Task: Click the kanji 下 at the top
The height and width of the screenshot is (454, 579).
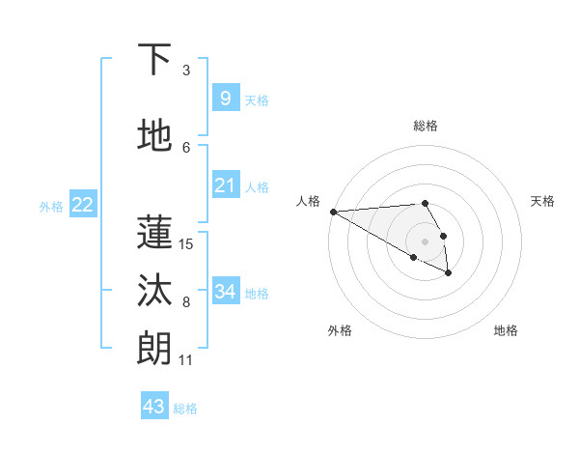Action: [154, 60]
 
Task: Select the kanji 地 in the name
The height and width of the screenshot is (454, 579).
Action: [154, 135]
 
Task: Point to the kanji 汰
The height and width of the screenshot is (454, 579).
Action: [154, 290]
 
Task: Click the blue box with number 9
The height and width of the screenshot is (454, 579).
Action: [225, 98]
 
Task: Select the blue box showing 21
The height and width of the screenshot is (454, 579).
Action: [225, 185]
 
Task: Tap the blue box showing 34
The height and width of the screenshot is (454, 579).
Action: [225, 292]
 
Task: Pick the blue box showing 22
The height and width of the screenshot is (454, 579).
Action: [82, 205]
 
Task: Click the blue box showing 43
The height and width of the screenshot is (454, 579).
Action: [154, 407]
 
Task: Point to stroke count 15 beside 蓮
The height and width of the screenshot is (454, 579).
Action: [186, 243]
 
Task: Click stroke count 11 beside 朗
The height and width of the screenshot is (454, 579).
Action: [186, 360]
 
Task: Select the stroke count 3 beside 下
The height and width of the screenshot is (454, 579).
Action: [186, 70]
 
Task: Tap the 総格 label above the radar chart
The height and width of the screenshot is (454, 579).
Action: [426, 126]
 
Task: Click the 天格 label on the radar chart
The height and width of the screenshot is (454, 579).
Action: [542, 201]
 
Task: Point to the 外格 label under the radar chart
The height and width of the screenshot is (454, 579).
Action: [340, 330]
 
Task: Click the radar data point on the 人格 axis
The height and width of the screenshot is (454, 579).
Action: [333, 212]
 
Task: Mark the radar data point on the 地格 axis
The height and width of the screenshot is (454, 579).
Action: [449, 273]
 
